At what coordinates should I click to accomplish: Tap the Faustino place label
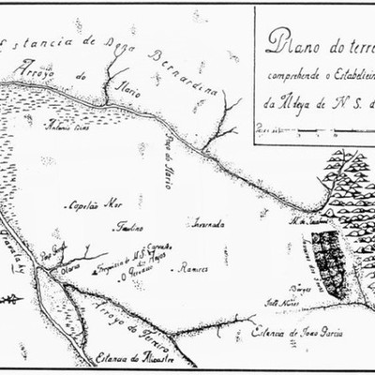(128, 228)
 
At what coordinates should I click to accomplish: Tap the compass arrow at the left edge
(11, 299)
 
